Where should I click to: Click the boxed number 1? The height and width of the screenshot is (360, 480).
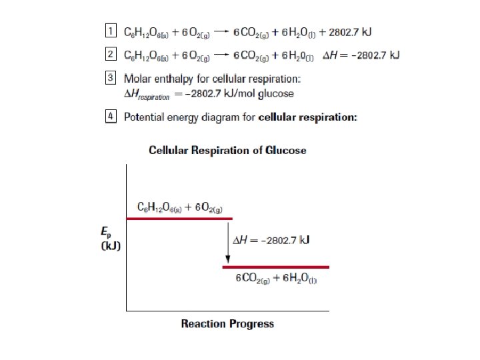click(111, 31)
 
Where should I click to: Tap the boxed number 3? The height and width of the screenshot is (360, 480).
click(111, 79)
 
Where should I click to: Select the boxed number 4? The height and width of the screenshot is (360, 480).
click(111, 117)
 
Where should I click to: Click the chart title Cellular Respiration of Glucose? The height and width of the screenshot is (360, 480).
click(227, 151)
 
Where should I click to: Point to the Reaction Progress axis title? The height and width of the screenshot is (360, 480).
click(227, 324)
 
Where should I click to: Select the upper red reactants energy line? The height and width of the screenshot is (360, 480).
click(179, 218)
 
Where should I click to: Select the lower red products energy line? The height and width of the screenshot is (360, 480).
click(275, 267)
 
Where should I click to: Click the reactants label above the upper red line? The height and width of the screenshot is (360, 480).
click(178, 207)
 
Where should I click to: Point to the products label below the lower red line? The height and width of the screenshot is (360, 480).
click(276, 278)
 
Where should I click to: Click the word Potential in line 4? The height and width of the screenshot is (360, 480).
click(144, 117)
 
